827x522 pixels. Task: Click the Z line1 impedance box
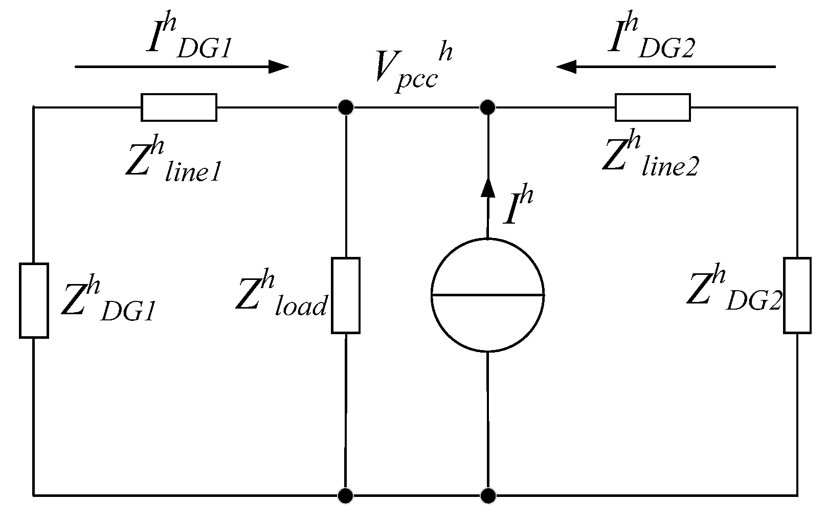click(179, 107)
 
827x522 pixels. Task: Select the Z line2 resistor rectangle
click(653, 107)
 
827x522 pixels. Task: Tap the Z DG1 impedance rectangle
click(34, 300)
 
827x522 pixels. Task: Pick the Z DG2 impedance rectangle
click(797, 295)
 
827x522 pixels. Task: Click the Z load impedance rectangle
click(346, 295)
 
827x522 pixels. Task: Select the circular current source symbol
click(487, 295)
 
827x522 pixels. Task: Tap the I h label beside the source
click(518, 207)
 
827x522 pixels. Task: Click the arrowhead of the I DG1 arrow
click(279, 67)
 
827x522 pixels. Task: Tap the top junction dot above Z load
click(346, 107)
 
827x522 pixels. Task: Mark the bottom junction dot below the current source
click(488, 495)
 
